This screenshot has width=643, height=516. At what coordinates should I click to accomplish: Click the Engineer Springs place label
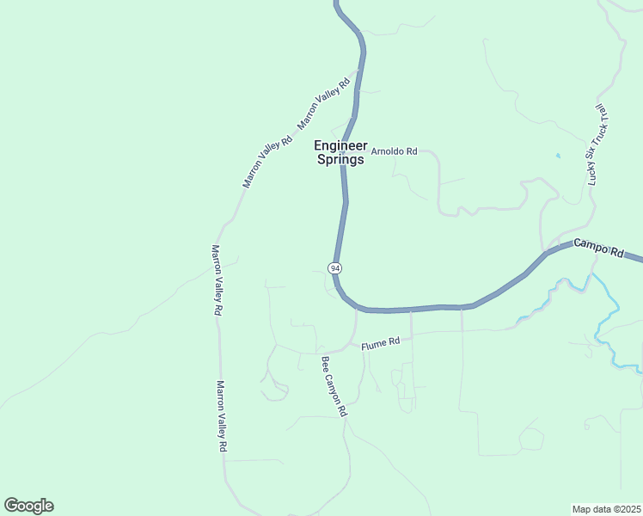tap(340, 152)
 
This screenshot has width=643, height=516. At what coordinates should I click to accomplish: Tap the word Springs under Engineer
tap(340, 159)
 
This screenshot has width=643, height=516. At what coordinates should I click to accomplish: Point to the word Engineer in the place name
tap(340, 145)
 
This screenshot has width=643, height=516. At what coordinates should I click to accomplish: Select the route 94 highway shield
tap(334, 268)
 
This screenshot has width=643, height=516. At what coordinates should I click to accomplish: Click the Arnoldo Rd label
tap(394, 151)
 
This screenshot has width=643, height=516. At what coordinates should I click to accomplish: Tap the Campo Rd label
tap(598, 247)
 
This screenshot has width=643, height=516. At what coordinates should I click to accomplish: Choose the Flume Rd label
tap(381, 343)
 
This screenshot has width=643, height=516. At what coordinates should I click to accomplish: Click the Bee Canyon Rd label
tap(334, 386)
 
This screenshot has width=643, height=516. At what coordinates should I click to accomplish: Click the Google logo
tap(28, 506)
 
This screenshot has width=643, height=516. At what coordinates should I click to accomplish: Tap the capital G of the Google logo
tap(11, 506)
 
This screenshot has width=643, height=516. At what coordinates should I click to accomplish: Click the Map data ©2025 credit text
tap(606, 509)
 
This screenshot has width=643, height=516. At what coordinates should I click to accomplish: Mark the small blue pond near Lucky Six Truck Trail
tap(558, 156)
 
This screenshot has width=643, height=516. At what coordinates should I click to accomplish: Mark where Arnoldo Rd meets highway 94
tap(342, 152)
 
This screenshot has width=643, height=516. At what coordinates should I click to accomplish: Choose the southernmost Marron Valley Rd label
tap(222, 417)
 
